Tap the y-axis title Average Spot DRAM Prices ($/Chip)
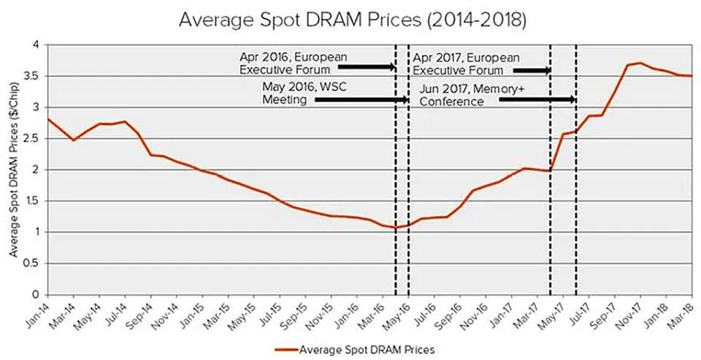click(x=14, y=169)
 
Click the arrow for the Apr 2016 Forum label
click(x=366, y=68)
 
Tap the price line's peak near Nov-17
click(x=640, y=63)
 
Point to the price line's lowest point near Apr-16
click(x=396, y=228)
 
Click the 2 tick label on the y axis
click(x=34, y=169)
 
